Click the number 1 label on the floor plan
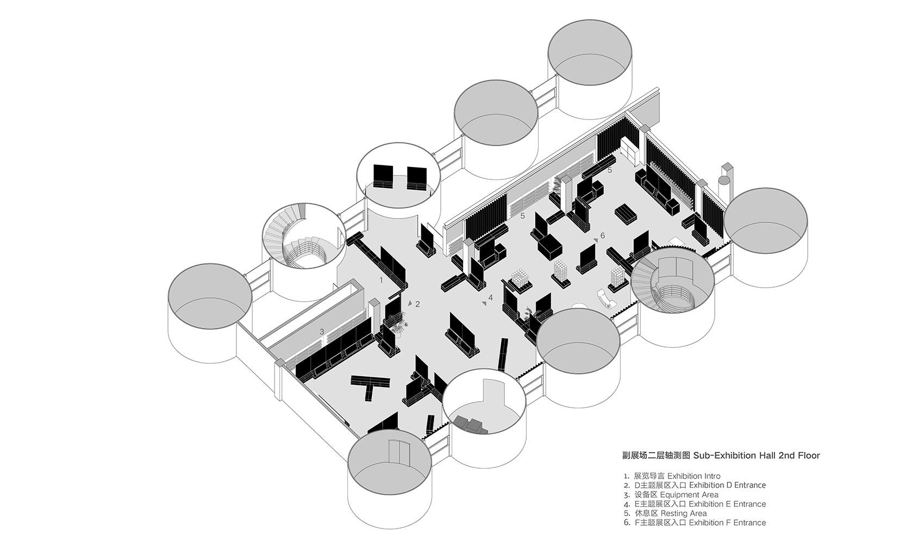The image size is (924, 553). click(x=382, y=280)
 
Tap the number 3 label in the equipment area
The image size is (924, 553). click(x=322, y=331)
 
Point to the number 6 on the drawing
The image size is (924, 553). click(x=602, y=236)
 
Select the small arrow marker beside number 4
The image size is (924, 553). click(x=483, y=303)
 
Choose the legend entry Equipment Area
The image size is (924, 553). click(x=689, y=495)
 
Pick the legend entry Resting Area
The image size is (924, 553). click(x=683, y=513)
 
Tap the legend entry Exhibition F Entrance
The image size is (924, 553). click(x=727, y=523)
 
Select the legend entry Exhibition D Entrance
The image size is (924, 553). click(x=727, y=485)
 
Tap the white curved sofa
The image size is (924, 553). click(x=607, y=299)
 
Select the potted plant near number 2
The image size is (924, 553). click(x=399, y=325)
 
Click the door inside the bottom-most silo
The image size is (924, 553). click(x=399, y=453)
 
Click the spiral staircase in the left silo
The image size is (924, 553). click(x=296, y=242)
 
